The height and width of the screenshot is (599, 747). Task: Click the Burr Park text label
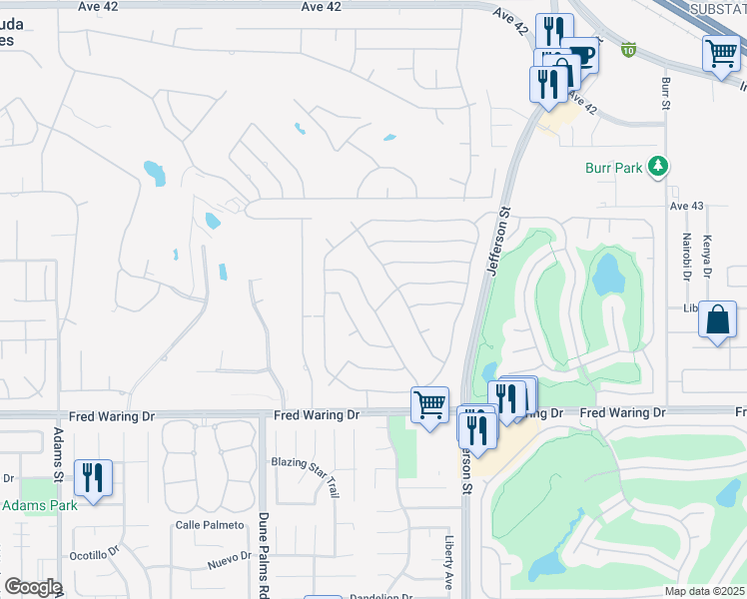click(x=614, y=169)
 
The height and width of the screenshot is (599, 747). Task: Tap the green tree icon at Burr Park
click(x=657, y=167)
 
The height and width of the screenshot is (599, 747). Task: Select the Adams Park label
click(x=40, y=506)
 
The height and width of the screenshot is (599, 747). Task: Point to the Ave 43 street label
click(x=687, y=206)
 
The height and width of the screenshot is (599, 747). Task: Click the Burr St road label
click(x=664, y=94)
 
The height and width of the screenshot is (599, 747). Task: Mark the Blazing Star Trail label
click(x=305, y=476)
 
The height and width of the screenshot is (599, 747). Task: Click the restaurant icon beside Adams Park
click(x=93, y=476)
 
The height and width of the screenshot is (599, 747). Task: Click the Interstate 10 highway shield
click(x=627, y=48)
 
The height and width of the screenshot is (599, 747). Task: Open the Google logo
click(x=33, y=587)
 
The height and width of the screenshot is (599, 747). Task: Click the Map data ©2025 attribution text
click(x=703, y=591)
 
